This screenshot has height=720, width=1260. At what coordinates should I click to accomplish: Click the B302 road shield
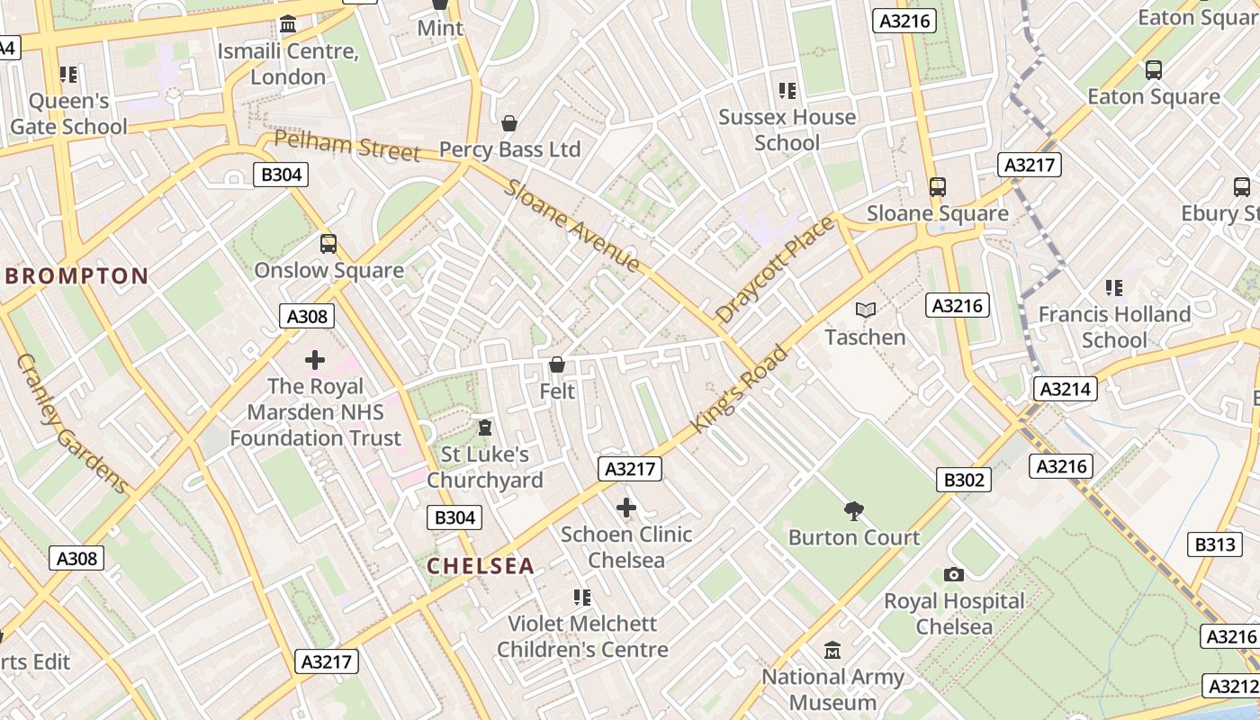(x=963, y=480)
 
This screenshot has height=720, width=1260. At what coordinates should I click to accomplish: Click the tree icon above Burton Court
(x=854, y=512)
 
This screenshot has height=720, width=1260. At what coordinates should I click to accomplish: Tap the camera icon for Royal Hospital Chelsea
(x=954, y=574)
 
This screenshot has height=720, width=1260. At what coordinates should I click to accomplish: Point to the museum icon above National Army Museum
(x=832, y=650)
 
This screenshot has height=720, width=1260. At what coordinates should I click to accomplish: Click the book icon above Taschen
(x=866, y=310)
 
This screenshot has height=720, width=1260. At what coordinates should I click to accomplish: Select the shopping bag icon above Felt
(x=557, y=364)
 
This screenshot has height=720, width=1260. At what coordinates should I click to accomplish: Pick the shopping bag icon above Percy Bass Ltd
(x=509, y=123)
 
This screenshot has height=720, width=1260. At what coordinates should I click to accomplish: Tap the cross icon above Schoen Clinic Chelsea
(x=626, y=508)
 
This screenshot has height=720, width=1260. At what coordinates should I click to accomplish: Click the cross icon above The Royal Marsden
(x=315, y=360)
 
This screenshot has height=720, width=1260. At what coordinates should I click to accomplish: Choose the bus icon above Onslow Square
(x=328, y=244)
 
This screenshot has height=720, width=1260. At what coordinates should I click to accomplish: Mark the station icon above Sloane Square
(x=938, y=187)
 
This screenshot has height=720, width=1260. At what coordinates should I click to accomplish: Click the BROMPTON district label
(x=77, y=276)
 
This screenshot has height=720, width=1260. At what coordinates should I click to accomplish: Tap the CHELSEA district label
(x=481, y=566)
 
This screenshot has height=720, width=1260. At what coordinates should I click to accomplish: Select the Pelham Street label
(x=347, y=147)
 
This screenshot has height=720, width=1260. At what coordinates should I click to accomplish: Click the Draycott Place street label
(x=775, y=269)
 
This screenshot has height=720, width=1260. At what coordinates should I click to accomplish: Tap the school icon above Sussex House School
(x=787, y=91)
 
